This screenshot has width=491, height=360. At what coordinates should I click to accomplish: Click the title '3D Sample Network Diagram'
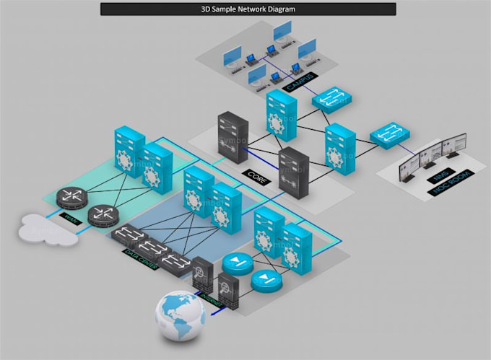(x=248, y=9)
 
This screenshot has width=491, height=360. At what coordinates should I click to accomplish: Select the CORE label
(x=255, y=175)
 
